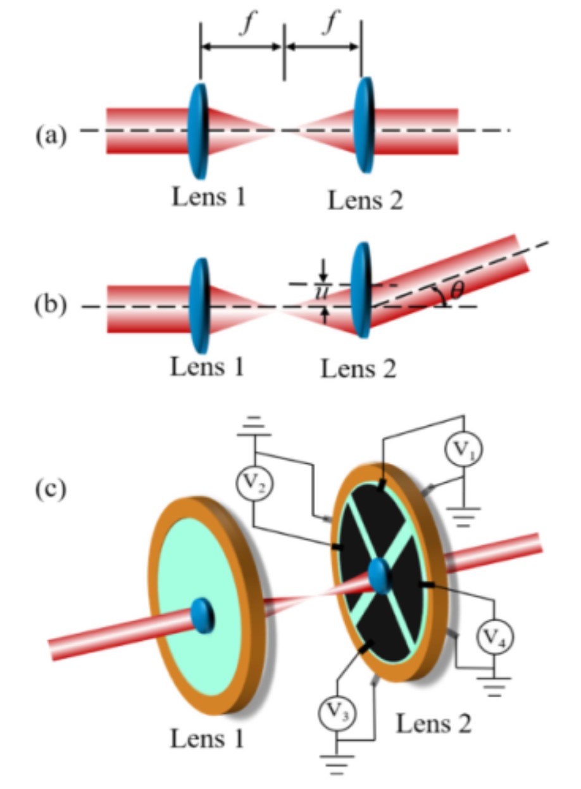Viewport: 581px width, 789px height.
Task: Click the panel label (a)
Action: click(51, 135)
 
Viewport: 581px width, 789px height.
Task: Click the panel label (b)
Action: click(51, 305)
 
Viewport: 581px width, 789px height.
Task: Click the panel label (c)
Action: click(51, 489)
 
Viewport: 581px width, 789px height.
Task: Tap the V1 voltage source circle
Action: click(463, 449)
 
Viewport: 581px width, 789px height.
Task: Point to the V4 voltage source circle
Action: click(495, 637)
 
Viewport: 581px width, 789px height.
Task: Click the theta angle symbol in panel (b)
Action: click(457, 290)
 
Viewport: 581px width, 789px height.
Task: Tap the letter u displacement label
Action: click(321, 293)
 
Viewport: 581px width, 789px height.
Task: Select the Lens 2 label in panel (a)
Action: click(365, 200)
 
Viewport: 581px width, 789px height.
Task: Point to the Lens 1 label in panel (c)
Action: click(207, 738)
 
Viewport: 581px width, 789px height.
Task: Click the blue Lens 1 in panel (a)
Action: click(198, 131)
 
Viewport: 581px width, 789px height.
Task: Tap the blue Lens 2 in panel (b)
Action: click(361, 290)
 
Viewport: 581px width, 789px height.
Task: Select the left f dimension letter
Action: click(248, 23)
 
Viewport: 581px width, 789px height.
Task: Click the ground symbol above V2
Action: click(254, 427)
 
